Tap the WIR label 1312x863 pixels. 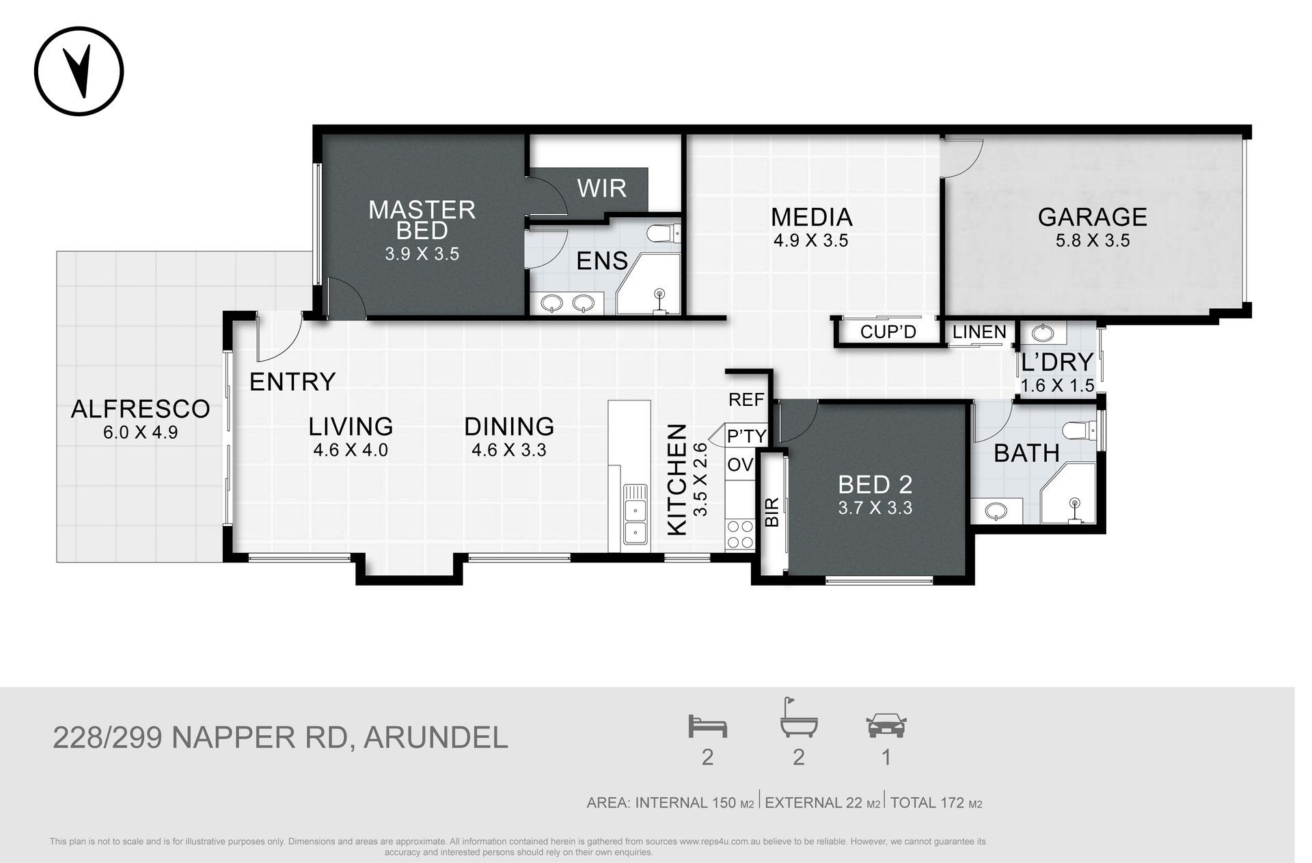(601, 188)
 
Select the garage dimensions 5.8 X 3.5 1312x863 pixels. (1092, 241)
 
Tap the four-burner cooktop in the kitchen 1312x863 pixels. (740, 534)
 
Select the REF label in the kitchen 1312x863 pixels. (746, 400)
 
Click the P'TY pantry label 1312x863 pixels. (746, 436)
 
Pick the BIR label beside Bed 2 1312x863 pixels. (772, 512)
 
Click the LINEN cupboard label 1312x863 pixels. (979, 332)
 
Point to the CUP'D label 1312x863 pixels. (888, 333)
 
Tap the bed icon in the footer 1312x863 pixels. (707, 726)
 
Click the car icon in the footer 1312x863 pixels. (886, 726)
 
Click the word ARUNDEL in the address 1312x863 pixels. (436, 738)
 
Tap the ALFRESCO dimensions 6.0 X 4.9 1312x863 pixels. (140, 433)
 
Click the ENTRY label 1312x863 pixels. (292, 382)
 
